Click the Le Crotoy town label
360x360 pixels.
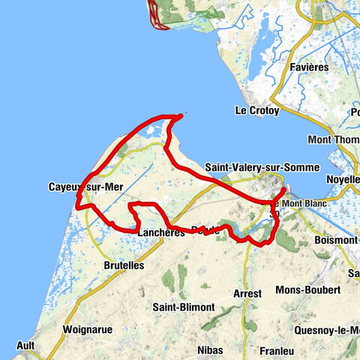pyautogui.click(x=257, y=110)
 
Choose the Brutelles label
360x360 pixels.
pyautogui.click(x=123, y=265)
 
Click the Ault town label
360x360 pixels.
pyautogui.click(x=23, y=346)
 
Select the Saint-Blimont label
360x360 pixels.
pyautogui.click(x=184, y=307)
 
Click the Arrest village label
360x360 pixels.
pyautogui.click(x=247, y=293)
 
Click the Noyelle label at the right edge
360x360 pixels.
pyautogui.click(x=343, y=181)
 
